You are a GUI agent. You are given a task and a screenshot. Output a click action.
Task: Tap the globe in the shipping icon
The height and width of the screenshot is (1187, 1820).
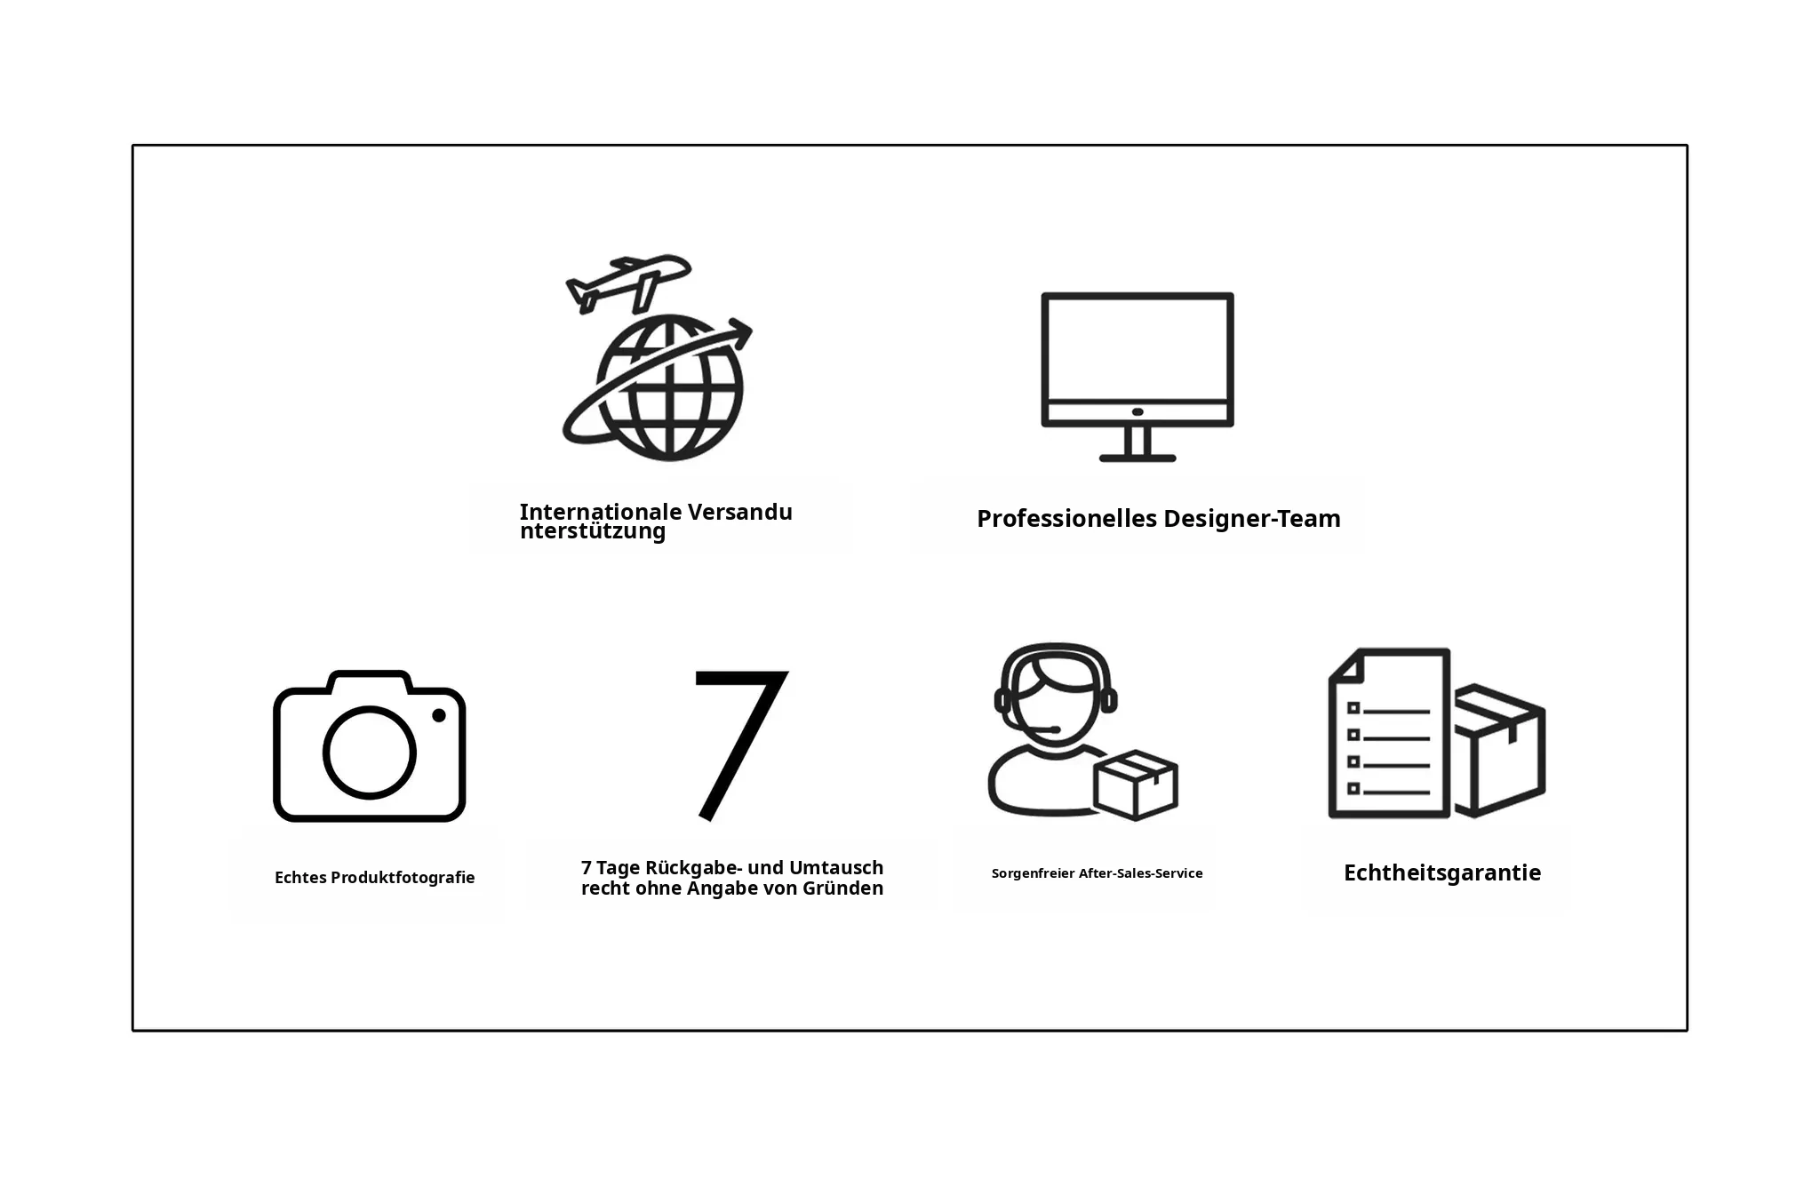[x=668, y=388]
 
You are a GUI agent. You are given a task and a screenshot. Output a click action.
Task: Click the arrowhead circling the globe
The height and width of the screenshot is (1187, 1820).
[x=739, y=333]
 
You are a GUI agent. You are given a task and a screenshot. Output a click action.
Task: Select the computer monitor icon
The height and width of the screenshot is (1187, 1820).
[x=1137, y=377]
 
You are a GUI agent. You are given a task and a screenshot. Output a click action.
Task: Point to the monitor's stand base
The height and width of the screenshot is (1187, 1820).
[x=1137, y=458]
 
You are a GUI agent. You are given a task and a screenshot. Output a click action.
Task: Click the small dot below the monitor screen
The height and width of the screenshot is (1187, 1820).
[x=1137, y=412]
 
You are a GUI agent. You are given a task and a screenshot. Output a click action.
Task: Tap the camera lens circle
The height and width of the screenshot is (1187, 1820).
[x=369, y=753]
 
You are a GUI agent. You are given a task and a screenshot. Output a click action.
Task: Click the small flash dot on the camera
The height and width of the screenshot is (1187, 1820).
[x=439, y=715]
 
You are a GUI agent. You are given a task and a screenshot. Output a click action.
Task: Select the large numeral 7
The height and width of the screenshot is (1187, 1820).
[x=740, y=745]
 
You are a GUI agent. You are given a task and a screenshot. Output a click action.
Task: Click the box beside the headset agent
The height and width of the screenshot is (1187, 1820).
[x=1136, y=785]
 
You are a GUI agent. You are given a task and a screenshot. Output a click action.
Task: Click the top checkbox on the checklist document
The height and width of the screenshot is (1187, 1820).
[x=1354, y=708]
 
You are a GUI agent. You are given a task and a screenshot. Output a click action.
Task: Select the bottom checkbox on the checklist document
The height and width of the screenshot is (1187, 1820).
[x=1354, y=788]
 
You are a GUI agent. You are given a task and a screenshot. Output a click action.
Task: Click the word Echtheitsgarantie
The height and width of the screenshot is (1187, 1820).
[x=1442, y=872]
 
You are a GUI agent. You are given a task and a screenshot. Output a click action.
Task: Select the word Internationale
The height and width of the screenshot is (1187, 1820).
[x=601, y=512]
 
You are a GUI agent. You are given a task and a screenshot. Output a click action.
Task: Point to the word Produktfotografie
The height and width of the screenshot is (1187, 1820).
[x=403, y=878]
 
